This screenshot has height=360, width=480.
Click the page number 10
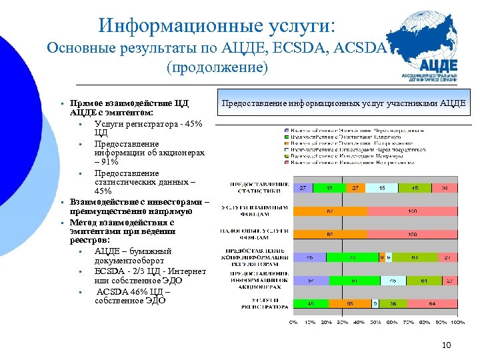[x=447, y=345]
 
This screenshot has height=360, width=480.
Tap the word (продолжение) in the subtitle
[x=217, y=68]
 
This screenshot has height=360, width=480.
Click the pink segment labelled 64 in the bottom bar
[x=431, y=304]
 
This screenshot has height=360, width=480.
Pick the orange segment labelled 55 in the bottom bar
[x=349, y=304]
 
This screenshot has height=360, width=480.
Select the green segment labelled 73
[x=351, y=257]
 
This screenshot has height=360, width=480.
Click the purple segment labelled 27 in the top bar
[x=302, y=189]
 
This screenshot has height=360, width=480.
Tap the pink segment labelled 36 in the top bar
[x=445, y=189]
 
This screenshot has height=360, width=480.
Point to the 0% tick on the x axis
[x=293, y=321]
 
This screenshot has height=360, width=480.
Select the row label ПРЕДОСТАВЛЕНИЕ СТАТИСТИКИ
[x=260, y=188]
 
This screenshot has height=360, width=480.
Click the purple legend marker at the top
[x=287, y=130]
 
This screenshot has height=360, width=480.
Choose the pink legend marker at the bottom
[x=287, y=163]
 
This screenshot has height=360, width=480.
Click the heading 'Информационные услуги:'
[x=217, y=25]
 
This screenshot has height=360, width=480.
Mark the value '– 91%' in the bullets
[x=107, y=162]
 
